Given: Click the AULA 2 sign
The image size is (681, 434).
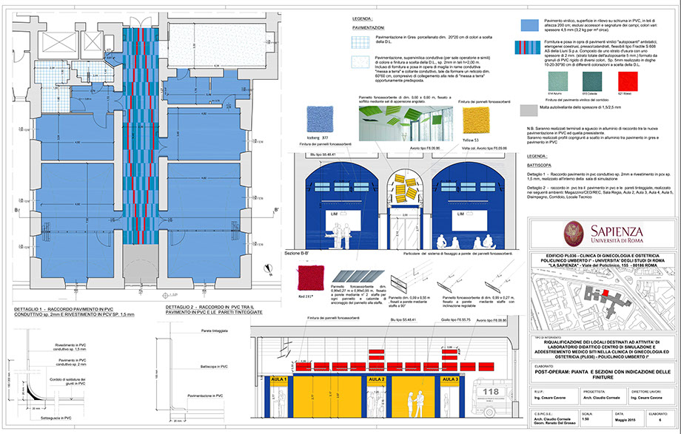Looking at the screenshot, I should [x=378, y=379].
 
